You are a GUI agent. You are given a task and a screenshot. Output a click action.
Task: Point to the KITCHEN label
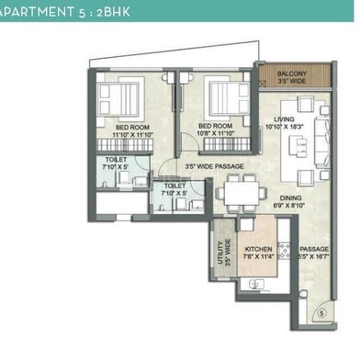pos(257,250)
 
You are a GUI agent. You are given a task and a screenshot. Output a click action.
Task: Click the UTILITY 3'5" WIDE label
pos(223,249)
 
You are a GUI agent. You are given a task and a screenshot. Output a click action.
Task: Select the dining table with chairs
pos(242,197)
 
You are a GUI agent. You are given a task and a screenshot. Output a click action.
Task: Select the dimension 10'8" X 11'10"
pos(217,134)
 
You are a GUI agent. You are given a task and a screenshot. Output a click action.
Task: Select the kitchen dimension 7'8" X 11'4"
pos(258,258)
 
